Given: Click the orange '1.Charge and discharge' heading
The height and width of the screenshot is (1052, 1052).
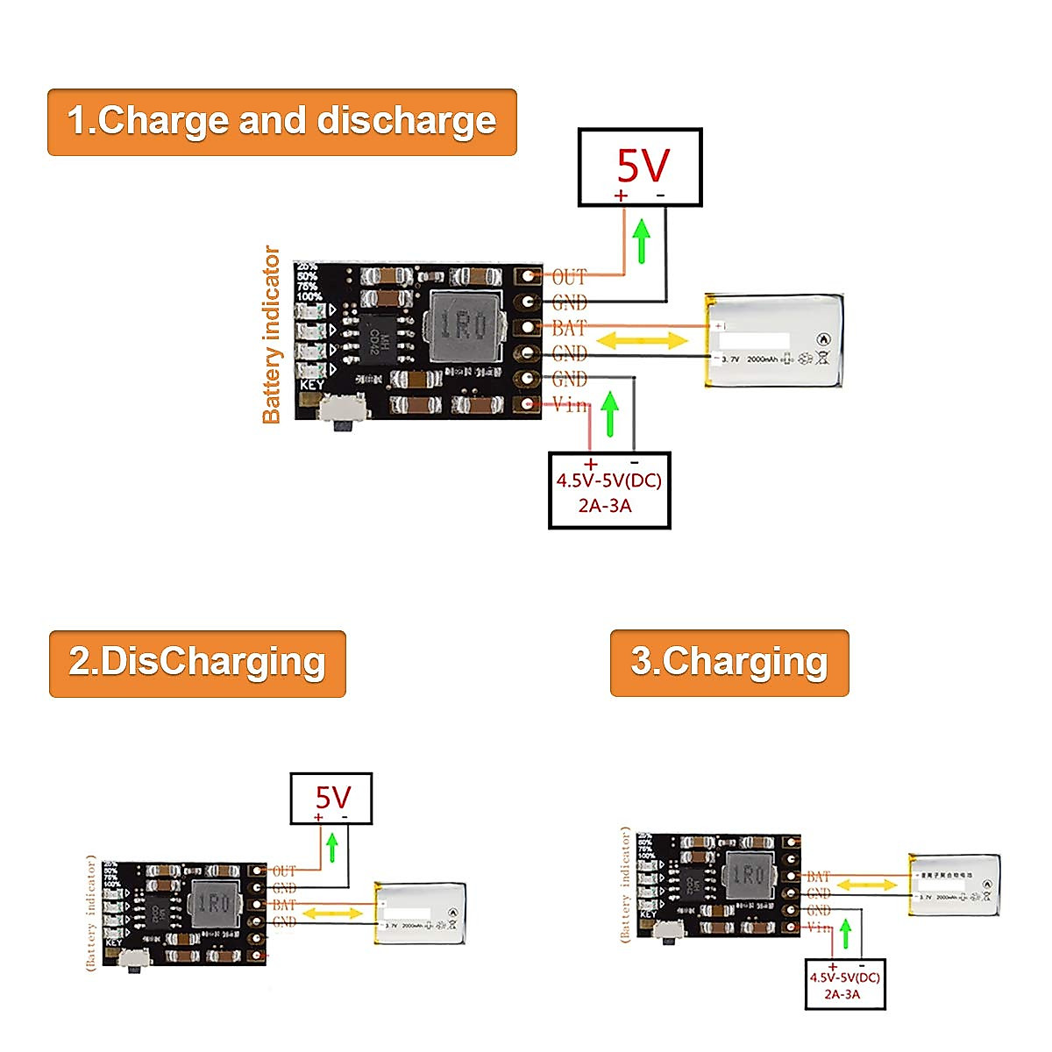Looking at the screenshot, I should (x=281, y=122).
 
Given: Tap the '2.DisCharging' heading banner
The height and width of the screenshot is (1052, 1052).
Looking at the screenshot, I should (x=197, y=664).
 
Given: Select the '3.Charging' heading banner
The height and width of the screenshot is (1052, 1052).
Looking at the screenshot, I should (x=729, y=663).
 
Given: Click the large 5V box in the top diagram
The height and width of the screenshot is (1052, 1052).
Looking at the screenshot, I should (x=640, y=167).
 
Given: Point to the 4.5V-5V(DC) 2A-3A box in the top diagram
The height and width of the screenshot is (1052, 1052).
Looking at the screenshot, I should (x=609, y=491).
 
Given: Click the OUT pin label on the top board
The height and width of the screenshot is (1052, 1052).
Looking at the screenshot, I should (x=569, y=277).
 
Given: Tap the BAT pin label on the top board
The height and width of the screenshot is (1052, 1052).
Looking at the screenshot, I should (x=569, y=328).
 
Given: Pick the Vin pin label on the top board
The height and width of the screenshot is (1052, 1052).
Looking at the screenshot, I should (x=570, y=404).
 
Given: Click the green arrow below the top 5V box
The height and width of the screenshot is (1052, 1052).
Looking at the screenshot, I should (x=642, y=241).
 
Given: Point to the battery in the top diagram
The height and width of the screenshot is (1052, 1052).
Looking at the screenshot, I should (x=775, y=341).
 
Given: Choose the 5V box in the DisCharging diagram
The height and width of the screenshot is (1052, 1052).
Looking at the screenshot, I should (x=332, y=798).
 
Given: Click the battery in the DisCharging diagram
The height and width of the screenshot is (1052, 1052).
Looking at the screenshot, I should (x=420, y=913).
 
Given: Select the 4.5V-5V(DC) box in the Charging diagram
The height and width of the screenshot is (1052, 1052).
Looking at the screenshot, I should (x=845, y=984).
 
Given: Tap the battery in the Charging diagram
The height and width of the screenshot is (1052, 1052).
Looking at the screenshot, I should (x=954, y=884).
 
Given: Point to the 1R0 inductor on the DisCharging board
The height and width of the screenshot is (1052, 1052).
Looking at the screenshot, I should (x=213, y=903).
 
